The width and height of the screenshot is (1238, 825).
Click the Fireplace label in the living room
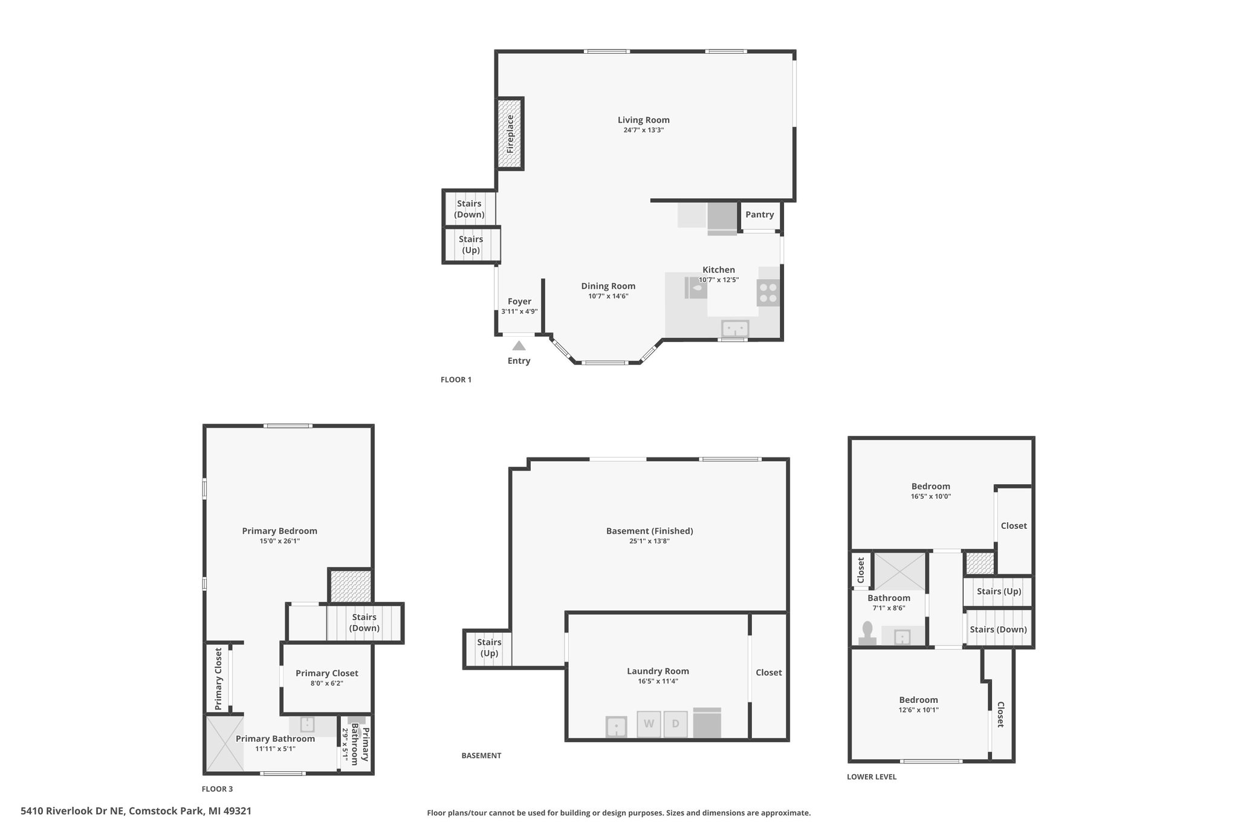(x=510, y=134)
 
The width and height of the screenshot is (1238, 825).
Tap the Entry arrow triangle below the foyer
(x=519, y=346)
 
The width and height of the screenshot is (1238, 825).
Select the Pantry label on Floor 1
(x=760, y=215)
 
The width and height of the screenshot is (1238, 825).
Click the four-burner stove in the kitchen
(x=768, y=293)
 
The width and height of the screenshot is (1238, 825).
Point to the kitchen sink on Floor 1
(x=735, y=329)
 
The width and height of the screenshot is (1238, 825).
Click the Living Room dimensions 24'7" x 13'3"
(x=644, y=130)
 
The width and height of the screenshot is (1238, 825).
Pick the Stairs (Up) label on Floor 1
(x=471, y=245)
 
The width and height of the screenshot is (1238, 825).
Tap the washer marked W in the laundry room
(x=649, y=724)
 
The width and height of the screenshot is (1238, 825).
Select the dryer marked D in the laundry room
(x=676, y=724)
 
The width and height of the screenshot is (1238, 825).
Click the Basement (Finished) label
(x=650, y=531)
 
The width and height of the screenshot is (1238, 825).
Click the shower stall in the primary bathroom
(x=225, y=743)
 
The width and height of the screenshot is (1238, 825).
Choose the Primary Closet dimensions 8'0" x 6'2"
(x=327, y=684)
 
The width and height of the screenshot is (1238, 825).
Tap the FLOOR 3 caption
(x=217, y=789)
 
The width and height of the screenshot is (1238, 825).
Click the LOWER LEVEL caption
(x=872, y=777)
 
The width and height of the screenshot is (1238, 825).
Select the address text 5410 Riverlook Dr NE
(x=72, y=811)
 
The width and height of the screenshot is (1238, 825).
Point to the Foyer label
(x=520, y=302)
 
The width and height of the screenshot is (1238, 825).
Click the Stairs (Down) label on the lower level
(x=999, y=630)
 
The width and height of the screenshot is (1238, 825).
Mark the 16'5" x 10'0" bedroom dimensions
(x=931, y=496)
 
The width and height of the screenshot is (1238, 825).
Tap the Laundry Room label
(x=658, y=671)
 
